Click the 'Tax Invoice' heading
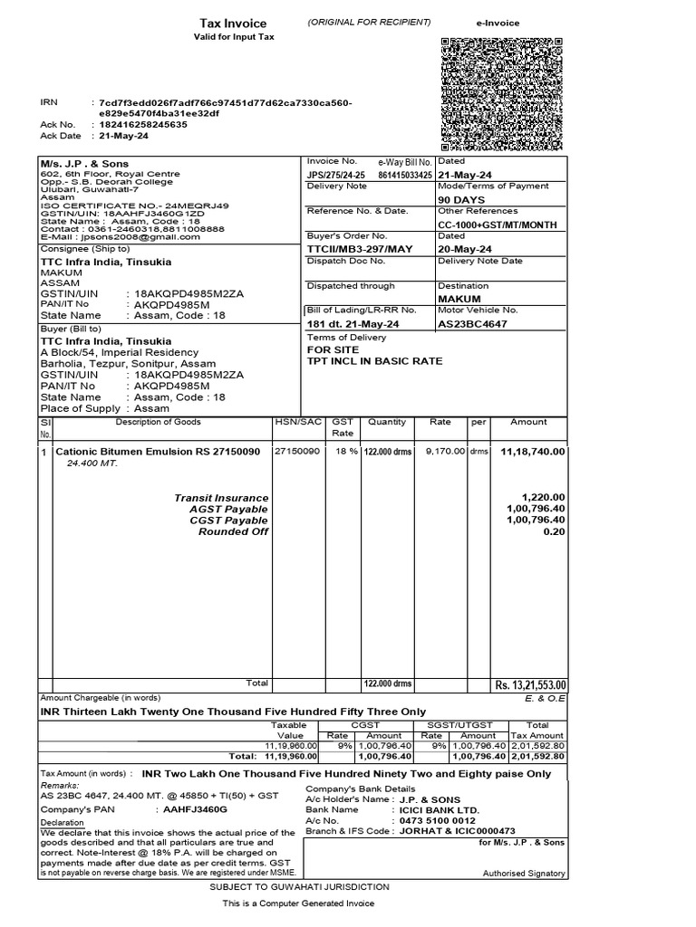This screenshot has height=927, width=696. (x=234, y=24)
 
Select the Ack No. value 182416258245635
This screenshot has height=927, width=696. (x=140, y=125)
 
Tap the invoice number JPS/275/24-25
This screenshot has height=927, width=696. (x=336, y=175)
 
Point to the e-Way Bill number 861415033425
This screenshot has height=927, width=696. (x=405, y=175)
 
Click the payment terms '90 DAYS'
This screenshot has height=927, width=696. (x=461, y=199)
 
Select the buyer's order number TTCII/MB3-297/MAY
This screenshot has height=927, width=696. (x=347, y=249)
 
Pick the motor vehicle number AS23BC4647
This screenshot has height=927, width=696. (x=472, y=323)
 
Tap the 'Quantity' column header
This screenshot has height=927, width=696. (x=387, y=422)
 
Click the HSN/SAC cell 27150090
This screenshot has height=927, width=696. (x=297, y=451)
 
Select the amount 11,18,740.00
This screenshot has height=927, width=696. (x=532, y=451)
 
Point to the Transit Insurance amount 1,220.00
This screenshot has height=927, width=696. (x=544, y=498)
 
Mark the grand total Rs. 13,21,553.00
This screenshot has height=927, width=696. (x=529, y=685)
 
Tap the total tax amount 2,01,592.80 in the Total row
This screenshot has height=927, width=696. (x=538, y=756)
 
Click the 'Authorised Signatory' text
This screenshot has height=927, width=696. (x=524, y=874)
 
